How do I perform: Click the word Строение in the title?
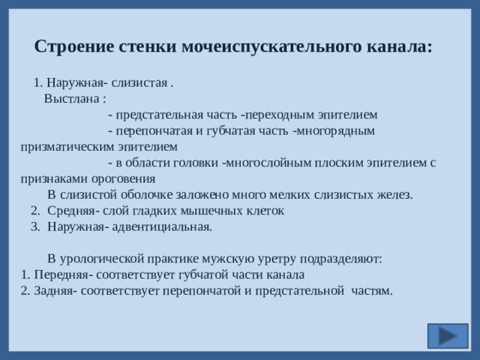point(73,46)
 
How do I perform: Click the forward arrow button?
point(448,335)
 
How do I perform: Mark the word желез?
point(394,195)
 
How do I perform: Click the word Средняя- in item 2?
point(71,211)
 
